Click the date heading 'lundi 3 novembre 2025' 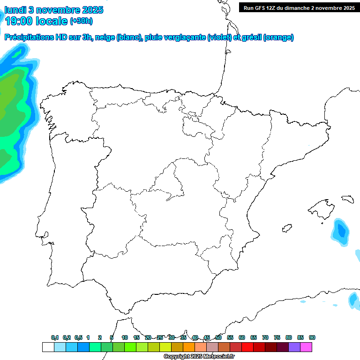(x=54, y=10)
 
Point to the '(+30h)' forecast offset (x=81, y=21)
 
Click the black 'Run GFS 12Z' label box (x=299, y=7)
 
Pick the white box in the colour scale (x=48, y=347)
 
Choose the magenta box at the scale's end (x=306, y=347)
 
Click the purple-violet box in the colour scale (x=294, y=347)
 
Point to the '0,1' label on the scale (x=55, y=338)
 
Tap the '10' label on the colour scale (x=125, y=338)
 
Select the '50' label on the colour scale (x=218, y=338)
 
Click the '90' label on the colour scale (x=312, y=338)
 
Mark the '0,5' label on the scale (x=78, y=338)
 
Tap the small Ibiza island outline (x=285, y=229)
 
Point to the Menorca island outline (x=347, y=199)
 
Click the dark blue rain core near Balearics (x=341, y=231)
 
